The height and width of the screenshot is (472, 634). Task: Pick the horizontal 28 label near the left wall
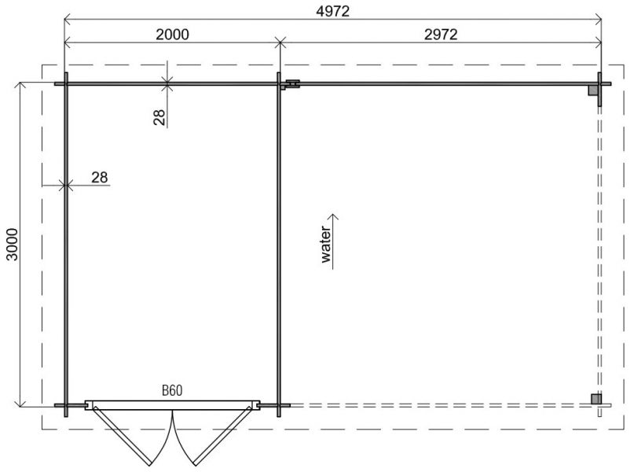tap(99, 177)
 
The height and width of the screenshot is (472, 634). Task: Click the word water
tap(326, 245)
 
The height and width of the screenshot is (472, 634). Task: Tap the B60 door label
tap(173, 390)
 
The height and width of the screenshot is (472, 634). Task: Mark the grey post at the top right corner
tap(594, 90)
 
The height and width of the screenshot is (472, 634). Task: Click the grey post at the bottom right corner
tap(596, 399)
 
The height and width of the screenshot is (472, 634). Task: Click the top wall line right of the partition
tap(440, 83)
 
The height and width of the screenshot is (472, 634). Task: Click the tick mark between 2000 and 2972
tap(280, 43)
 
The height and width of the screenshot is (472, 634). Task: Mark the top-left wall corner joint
tap(66, 83)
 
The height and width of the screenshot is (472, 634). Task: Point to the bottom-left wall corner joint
tap(66, 406)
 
